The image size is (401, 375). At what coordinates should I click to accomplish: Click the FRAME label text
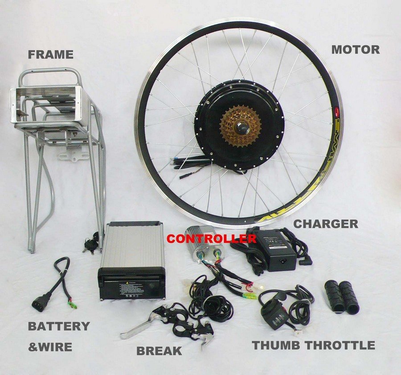pyautogui.click(x=50, y=55)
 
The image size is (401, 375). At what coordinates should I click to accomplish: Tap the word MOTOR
pyautogui.click(x=355, y=50)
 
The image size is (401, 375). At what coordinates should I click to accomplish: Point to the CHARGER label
pyautogui.click(x=325, y=224)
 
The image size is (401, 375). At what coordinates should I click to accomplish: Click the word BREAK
pyautogui.click(x=159, y=351)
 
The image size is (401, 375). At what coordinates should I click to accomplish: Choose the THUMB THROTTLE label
pyautogui.click(x=313, y=345)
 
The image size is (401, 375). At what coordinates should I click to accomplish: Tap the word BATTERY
pyautogui.click(x=59, y=326)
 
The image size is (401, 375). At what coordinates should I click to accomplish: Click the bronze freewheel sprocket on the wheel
pyautogui.click(x=241, y=125)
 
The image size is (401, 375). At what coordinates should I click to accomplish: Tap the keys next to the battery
pyautogui.click(x=90, y=244)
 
